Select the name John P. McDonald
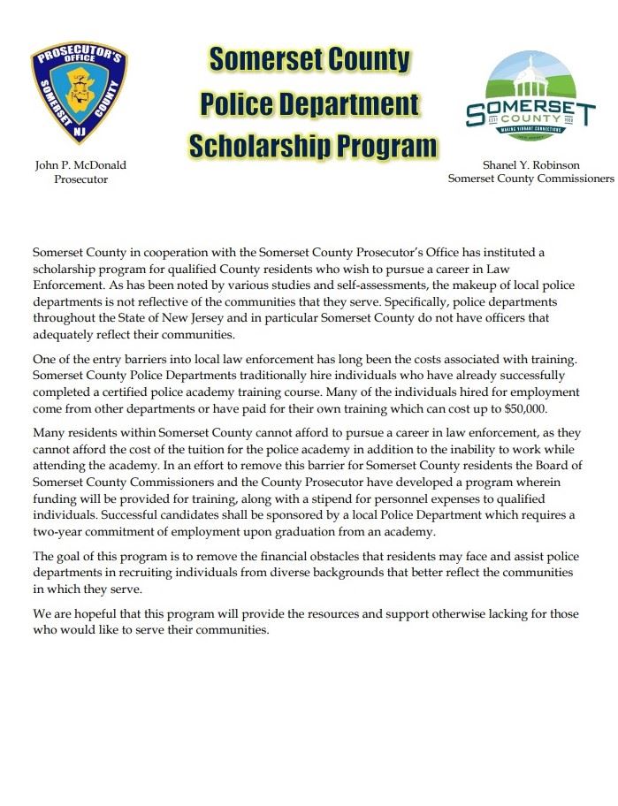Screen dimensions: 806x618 point(80,165)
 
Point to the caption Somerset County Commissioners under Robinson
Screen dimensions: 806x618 point(530,179)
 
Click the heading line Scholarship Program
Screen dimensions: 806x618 point(313,145)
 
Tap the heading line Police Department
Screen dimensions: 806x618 point(309,103)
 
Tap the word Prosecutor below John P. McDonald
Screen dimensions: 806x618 point(80,179)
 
